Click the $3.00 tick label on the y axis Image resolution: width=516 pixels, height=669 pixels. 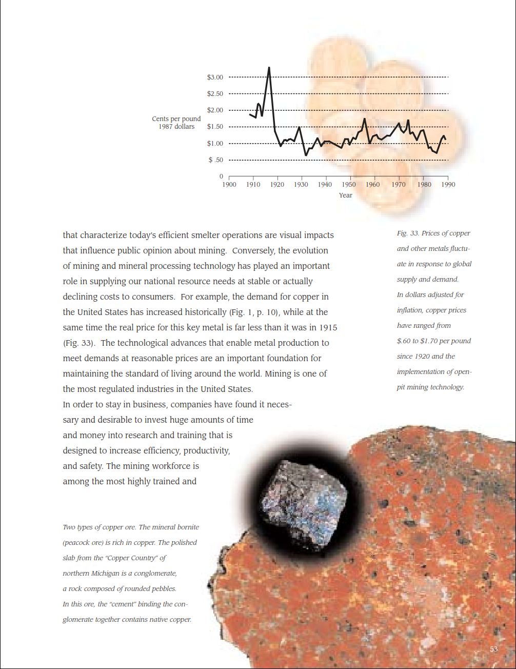[215, 77]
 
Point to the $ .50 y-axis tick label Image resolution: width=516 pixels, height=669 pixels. [215, 160]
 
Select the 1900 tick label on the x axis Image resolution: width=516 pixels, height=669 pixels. [229, 185]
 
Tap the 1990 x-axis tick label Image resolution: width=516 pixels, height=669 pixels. [448, 185]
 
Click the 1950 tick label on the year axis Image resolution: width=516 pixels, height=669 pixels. [349, 185]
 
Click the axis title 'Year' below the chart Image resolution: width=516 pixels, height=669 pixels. [345, 195]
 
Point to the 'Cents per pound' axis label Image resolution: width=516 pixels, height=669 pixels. [176, 119]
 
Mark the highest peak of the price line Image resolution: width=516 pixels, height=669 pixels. [269, 68]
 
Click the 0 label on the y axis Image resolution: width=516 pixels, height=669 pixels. [221, 176]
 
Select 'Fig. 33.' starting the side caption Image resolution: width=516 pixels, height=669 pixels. [408, 233]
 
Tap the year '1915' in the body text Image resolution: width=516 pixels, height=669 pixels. [328, 328]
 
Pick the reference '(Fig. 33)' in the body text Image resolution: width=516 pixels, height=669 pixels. [79, 343]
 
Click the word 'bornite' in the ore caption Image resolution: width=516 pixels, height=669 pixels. [188, 527]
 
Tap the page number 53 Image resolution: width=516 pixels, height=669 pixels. [493, 650]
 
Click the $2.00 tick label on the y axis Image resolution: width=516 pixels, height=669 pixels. [215, 110]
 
